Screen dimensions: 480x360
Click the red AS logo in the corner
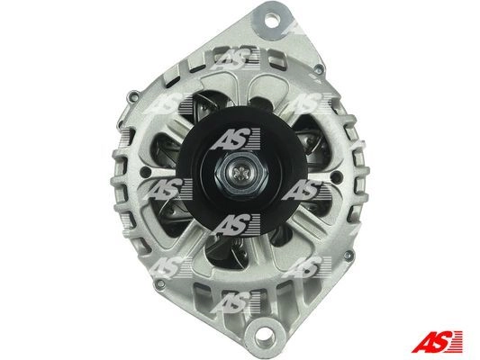(437, 341)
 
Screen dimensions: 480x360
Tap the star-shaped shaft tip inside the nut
(241, 174)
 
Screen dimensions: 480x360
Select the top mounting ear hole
(271, 21)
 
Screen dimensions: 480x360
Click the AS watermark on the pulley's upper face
(236, 139)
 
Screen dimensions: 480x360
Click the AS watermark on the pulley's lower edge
(236, 225)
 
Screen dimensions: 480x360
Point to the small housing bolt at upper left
(133, 96)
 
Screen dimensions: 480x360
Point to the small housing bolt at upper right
(319, 69)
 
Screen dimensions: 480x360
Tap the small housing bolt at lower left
(159, 283)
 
